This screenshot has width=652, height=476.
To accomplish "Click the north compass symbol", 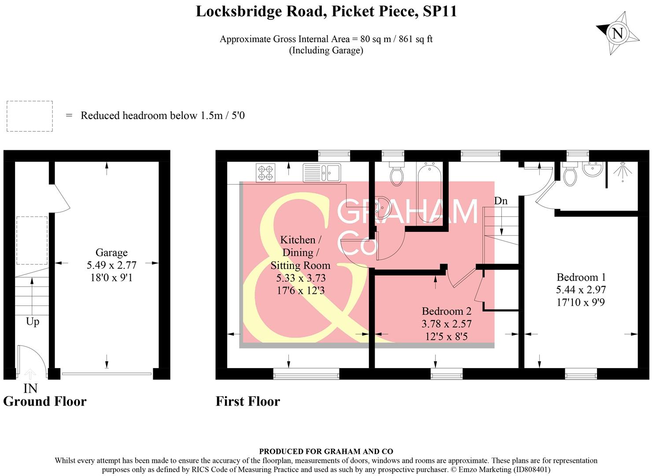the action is (x=618, y=33).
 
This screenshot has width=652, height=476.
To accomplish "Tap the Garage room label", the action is (x=111, y=253).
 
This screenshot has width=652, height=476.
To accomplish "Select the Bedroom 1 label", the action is (x=581, y=277).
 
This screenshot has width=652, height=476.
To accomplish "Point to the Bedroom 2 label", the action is (x=446, y=311).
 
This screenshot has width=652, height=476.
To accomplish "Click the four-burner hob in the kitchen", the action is (x=265, y=172).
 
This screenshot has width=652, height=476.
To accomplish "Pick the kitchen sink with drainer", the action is (x=322, y=172).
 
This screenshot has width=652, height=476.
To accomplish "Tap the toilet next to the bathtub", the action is (x=397, y=174).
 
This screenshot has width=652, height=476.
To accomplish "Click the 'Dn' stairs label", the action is (x=501, y=201).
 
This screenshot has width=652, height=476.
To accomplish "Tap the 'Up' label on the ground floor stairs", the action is (x=33, y=321).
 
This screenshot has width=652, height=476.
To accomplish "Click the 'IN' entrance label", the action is (x=30, y=388).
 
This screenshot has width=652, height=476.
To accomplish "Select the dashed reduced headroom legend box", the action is (x=29, y=116).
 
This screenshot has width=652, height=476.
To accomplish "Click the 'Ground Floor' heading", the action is (x=45, y=401).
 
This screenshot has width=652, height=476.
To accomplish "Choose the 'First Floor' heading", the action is (x=248, y=401).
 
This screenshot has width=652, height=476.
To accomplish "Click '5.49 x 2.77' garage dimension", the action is (x=111, y=265).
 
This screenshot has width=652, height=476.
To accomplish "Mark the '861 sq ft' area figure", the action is (x=416, y=39).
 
